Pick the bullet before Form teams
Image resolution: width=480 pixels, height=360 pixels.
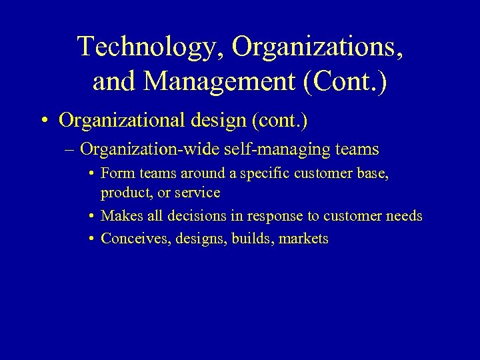[x=90, y=173]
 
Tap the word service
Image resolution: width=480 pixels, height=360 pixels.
[x=197, y=193]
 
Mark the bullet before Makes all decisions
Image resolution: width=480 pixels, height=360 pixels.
[x=90, y=216]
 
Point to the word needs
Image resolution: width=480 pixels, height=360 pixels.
[x=403, y=216]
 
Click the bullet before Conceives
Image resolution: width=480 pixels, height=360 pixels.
[x=90, y=239]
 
